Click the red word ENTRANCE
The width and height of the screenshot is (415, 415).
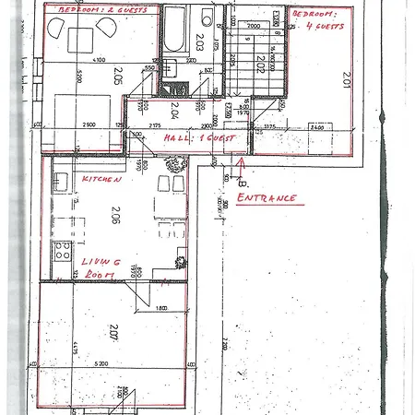coord(267,198)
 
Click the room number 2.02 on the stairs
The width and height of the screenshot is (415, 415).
coord(261,65)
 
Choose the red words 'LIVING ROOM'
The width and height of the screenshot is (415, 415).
coord(99,268)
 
